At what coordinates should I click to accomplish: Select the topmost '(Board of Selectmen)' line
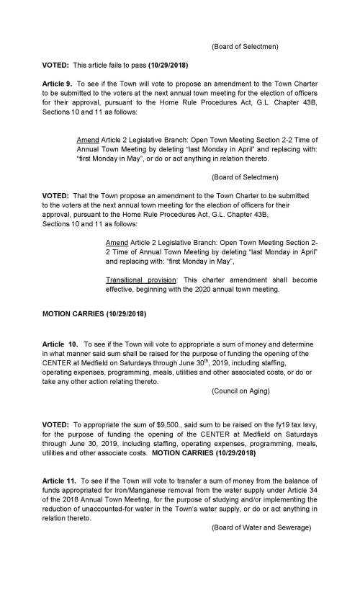pyautogui.click(x=245, y=47)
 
